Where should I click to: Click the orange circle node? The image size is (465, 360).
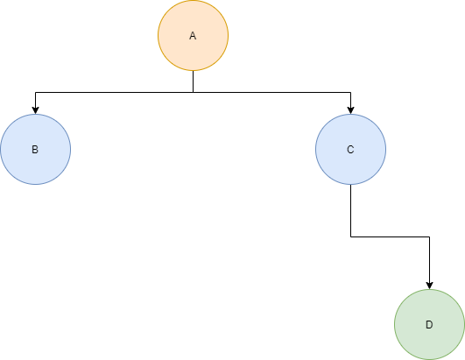pos(193,36)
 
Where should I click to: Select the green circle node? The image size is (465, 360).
pos(429,324)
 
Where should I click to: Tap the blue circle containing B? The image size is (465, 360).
pos(36,149)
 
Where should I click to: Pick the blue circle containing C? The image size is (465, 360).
pos(351,149)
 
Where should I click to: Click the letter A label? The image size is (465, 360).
pos(193,36)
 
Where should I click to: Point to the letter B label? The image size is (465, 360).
pos(35,150)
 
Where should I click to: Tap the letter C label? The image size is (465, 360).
pos(350,150)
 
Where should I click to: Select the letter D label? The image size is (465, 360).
pos(429,325)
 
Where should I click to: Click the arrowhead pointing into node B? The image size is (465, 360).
pos(36,110)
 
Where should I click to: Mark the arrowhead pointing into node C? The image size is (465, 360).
pos(351,110)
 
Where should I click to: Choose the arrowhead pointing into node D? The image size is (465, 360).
pos(429,286)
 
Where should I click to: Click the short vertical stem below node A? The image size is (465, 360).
pos(193,81)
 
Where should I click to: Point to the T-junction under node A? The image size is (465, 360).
pos(193,93)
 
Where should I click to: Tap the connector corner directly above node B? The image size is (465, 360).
pos(36,93)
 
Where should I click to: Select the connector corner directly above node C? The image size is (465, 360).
pos(351,93)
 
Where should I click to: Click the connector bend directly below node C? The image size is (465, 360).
pos(351,237)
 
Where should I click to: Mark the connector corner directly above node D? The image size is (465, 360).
pos(429,237)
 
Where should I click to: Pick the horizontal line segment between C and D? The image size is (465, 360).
pos(390,237)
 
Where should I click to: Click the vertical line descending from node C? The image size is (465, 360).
pos(351,210)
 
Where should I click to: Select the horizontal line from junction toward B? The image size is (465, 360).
pos(114,93)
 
